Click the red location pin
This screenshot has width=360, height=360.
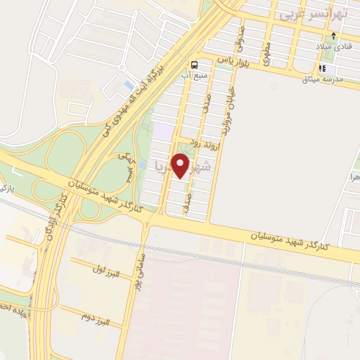click(183, 165)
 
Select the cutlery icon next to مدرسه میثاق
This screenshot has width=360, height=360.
click(324, 69)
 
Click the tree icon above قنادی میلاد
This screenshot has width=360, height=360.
click(334, 36)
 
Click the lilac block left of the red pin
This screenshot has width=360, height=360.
click(162, 131)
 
